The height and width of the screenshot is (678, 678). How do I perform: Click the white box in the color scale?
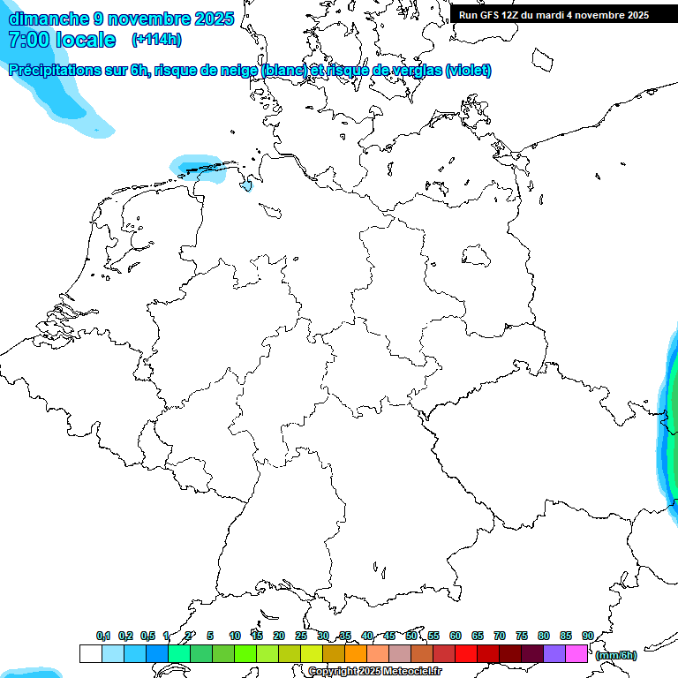tap(90, 653)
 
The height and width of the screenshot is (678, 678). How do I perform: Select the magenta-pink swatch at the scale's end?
tap(576, 653)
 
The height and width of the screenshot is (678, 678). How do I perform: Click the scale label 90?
tap(588, 636)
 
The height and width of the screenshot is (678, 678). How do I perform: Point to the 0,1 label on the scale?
tap(102, 636)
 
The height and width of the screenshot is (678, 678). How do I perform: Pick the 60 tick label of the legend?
tap(456, 636)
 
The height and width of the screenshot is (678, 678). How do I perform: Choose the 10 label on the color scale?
tap(234, 636)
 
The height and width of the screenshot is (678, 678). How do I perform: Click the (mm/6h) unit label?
tap(616, 655)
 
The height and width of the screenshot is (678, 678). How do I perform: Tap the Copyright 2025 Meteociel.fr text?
tap(374, 672)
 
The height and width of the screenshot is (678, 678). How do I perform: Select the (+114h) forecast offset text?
tap(156, 40)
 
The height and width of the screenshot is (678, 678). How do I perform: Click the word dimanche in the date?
tap(49, 19)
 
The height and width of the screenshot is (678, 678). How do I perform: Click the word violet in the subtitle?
tap(468, 71)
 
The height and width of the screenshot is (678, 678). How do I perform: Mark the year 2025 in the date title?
tap(213, 19)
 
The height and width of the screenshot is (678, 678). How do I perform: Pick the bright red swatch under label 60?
tap(466, 653)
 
